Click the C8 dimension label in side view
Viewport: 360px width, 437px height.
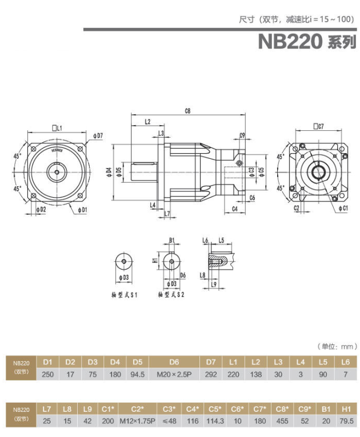(x=187, y=110)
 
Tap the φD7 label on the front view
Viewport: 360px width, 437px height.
(x=97, y=136)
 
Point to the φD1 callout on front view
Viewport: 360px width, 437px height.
(x=82, y=210)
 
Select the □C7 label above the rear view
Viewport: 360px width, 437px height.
(x=318, y=126)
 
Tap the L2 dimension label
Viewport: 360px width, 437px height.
(x=147, y=122)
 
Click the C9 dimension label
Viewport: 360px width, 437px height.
(x=242, y=135)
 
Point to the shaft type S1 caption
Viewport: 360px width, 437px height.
(x=125, y=295)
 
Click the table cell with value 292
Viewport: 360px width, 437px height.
(x=211, y=375)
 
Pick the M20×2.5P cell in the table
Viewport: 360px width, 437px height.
(x=175, y=375)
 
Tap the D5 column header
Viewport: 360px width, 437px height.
(x=138, y=362)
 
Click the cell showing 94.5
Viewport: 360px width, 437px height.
(x=138, y=375)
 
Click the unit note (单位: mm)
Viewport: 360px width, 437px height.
(x=337, y=346)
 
